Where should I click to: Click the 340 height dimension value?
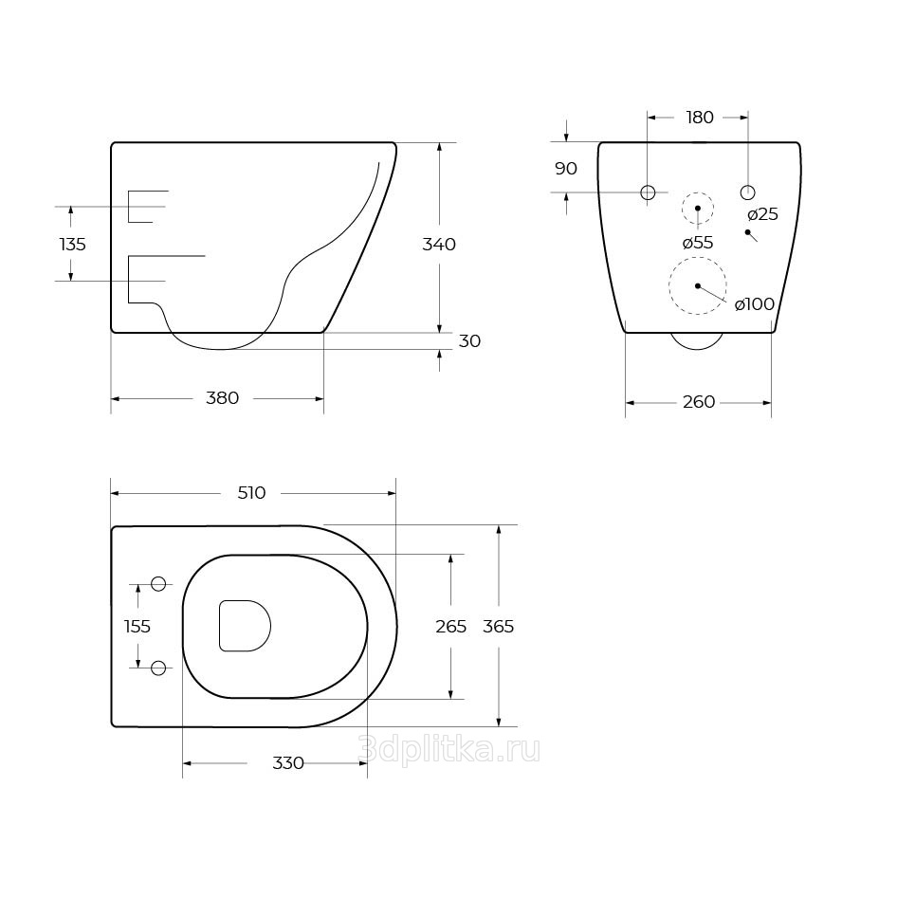pos(439,245)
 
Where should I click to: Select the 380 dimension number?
pos(222,398)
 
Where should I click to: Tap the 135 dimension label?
pos(73,245)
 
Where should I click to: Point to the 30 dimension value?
pos(469,341)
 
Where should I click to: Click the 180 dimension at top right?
pos(700,118)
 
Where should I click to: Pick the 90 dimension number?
pos(566,169)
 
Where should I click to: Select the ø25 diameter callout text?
pos(762,214)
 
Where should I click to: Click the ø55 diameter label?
pos(698,243)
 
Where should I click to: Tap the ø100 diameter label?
pos(755,304)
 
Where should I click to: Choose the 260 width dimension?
pos(699,402)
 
